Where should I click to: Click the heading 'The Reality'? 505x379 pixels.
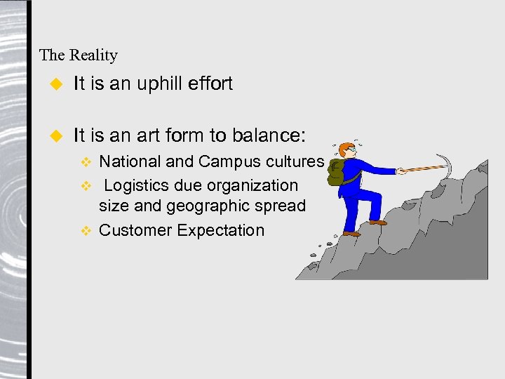tap(79, 55)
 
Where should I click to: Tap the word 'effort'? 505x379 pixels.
tap(211, 84)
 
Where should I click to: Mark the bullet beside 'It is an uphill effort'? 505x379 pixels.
tap(58, 84)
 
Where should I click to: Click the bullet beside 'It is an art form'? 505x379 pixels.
tap(58, 133)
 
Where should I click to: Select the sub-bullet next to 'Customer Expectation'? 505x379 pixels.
tap(86, 231)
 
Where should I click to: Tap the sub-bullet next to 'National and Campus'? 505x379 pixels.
tap(86, 162)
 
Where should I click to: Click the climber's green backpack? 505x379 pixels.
tap(336, 172)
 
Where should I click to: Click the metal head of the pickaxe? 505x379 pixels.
tap(445, 166)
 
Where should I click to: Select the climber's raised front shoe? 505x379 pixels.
tap(377, 222)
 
